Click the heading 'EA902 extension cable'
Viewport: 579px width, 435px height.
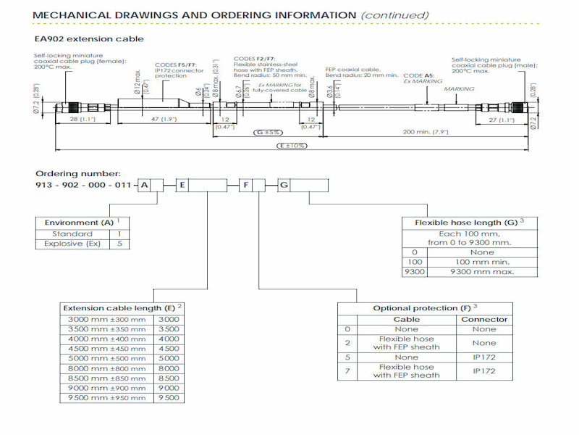[x=89, y=38]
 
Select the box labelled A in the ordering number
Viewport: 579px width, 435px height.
[x=145, y=186]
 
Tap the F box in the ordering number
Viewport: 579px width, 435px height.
[x=246, y=186]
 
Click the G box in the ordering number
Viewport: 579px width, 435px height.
[x=284, y=186]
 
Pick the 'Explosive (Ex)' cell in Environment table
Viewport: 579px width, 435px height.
[x=72, y=244]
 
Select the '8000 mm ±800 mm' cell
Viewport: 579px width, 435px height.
[x=106, y=368]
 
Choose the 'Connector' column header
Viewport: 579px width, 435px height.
[x=484, y=319]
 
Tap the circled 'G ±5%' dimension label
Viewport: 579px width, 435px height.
[x=269, y=133]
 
